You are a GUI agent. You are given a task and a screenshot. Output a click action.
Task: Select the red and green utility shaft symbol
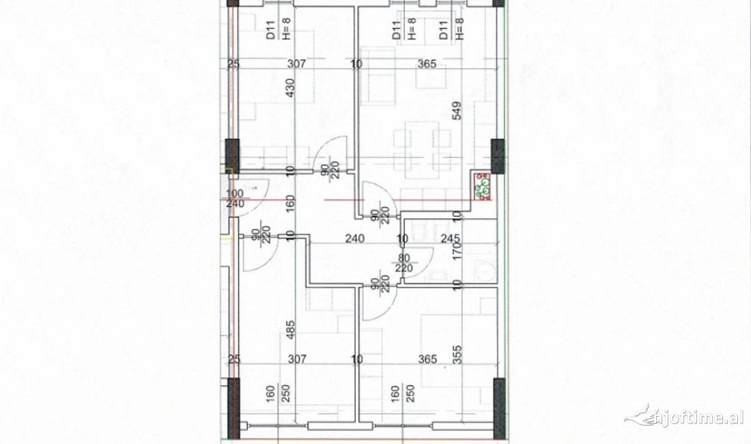coord(483,188)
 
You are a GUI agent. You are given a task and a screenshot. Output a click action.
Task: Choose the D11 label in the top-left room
coord(270,31)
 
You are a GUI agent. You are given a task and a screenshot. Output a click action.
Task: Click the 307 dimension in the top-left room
coord(296,64)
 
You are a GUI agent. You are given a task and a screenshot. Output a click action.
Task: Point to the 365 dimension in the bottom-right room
coord(427,359)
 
